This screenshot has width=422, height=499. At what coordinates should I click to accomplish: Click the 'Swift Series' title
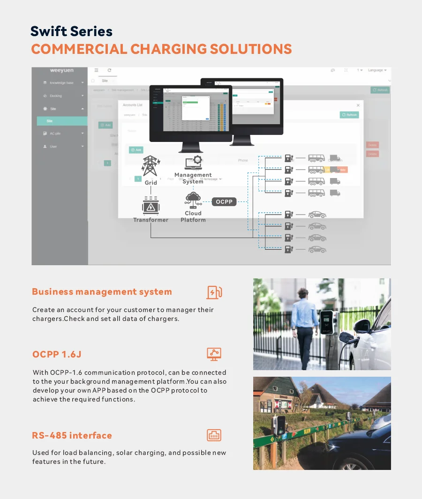click(71, 31)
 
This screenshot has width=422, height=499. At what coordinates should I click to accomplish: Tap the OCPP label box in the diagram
click(224, 202)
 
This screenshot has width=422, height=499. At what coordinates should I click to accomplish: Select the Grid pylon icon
click(151, 166)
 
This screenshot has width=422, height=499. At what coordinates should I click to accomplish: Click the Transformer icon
click(151, 206)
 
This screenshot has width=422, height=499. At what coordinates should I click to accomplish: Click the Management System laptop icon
click(193, 162)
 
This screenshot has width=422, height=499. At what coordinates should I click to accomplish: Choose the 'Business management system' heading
click(102, 292)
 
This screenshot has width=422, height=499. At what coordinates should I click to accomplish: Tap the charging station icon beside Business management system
click(214, 292)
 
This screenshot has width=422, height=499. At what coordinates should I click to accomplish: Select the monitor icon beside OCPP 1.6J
click(214, 354)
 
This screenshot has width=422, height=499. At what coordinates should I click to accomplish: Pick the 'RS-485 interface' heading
click(72, 435)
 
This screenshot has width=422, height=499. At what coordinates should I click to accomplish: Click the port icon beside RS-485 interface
click(214, 435)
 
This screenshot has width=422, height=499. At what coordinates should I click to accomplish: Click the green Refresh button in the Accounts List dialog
click(349, 115)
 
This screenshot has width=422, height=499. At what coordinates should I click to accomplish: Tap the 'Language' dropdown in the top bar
click(377, 70)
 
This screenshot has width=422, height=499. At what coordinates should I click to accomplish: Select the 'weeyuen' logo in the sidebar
click(61, 71)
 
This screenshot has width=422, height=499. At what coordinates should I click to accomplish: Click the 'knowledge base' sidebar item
click(61, 83)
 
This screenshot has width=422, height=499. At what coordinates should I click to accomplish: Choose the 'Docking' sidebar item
click(56, 96)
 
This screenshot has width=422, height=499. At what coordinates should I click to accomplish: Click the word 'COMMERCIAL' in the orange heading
click(79, 49)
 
